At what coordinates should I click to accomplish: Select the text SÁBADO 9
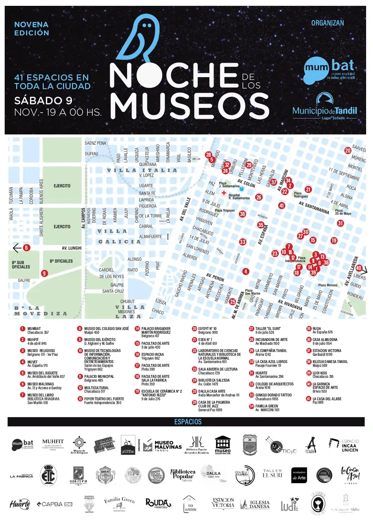tap(43, 101)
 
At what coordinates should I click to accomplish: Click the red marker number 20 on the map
tap(348, 151)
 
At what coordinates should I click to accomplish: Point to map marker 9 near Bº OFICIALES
tap(44, 273)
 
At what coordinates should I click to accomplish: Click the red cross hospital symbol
tap(224, 193)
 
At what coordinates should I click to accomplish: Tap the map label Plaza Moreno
tap(328, 285)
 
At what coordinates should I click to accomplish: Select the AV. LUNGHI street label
tap(72, 248)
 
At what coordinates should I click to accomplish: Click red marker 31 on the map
tap(340, 223)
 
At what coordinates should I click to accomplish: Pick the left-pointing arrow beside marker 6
tap(17, 248)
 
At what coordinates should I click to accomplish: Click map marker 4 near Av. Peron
tap(245, 271)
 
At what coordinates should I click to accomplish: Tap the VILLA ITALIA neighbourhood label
tap(142, 170)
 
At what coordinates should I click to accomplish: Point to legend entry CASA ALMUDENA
tap(325, 340)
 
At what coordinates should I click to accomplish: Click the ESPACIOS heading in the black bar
tap(188, 422)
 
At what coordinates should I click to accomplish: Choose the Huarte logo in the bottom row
tap(20, 505)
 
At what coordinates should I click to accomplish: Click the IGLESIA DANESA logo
tap(255, 505)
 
